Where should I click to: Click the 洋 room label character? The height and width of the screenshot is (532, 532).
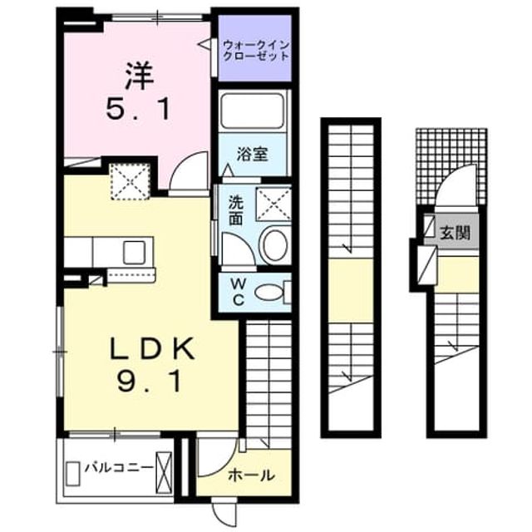(x=140, y=76)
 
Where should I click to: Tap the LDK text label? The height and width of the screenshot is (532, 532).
(x=152, y=348)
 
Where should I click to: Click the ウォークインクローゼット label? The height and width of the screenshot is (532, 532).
(x=255, y=50)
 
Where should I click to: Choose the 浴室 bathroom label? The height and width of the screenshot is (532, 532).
(x=253, y=155)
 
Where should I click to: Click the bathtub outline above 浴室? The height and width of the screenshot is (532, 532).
(x=253, y=111)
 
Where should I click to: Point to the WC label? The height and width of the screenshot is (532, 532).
(x=239, y=292)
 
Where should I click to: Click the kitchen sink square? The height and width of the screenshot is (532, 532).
(x=134, y=252)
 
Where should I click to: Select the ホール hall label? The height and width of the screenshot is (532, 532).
(x=251, y=475)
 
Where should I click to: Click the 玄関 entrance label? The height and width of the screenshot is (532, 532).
(x=455, y=233)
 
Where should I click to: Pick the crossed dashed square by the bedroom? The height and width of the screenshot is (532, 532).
(x=130, y=181)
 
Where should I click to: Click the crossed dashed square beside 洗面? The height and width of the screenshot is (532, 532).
(x=273, y=204)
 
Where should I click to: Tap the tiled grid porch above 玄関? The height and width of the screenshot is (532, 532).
(x=451, y=166)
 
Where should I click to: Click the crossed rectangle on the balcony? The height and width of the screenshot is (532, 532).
(x=164, y=473)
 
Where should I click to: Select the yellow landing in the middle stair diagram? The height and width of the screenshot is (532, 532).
(x=352, y=291)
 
